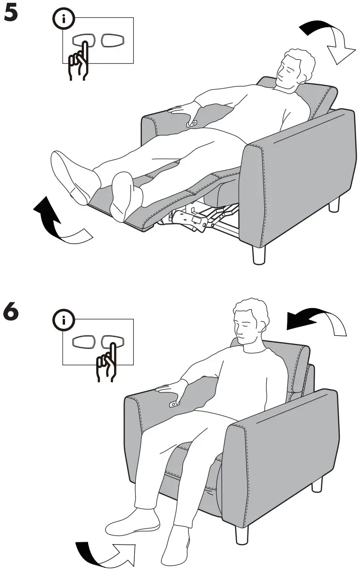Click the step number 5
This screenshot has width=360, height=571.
[11, 13]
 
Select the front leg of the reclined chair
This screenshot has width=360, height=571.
[259, 254]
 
